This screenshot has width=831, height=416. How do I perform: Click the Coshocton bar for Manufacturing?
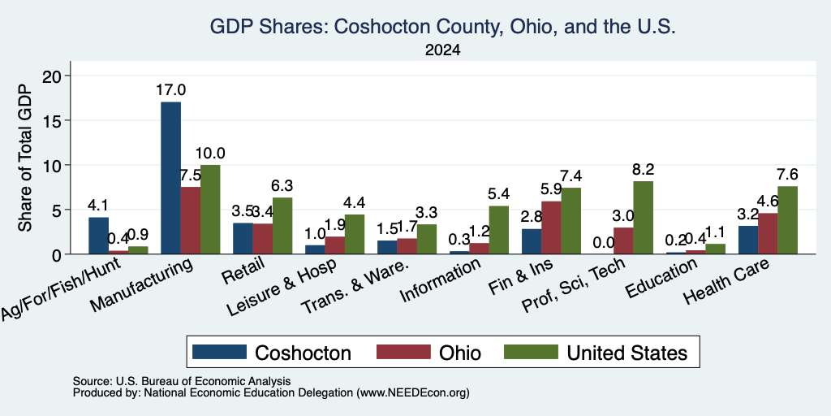click(170, 178)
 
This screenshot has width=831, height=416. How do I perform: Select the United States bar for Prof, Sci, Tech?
click(643, 218)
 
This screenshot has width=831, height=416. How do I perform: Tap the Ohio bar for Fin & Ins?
click(551, 227)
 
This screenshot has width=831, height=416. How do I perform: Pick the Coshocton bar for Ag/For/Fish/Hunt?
click(98, 236)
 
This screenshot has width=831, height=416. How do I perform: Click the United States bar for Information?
click(498, 230)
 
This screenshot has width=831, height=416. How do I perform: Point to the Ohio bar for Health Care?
click(768, 233)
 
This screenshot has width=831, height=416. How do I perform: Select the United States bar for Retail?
click(282, 226)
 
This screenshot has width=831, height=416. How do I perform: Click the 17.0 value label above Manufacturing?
click(170, 90)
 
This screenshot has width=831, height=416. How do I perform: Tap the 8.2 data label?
click(643, 170)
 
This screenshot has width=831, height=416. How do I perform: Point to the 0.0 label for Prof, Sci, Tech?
click(604, 242)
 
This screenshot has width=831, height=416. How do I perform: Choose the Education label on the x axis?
click(661, 279)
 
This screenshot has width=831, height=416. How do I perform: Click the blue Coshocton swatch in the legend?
click(219, 352)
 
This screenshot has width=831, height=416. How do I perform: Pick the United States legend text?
click(627, 353)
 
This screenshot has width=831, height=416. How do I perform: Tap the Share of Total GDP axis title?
click(25, 158)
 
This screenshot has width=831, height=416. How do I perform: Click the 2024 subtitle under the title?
click(442, 50)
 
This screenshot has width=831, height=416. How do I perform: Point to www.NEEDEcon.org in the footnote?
click(413, 393)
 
